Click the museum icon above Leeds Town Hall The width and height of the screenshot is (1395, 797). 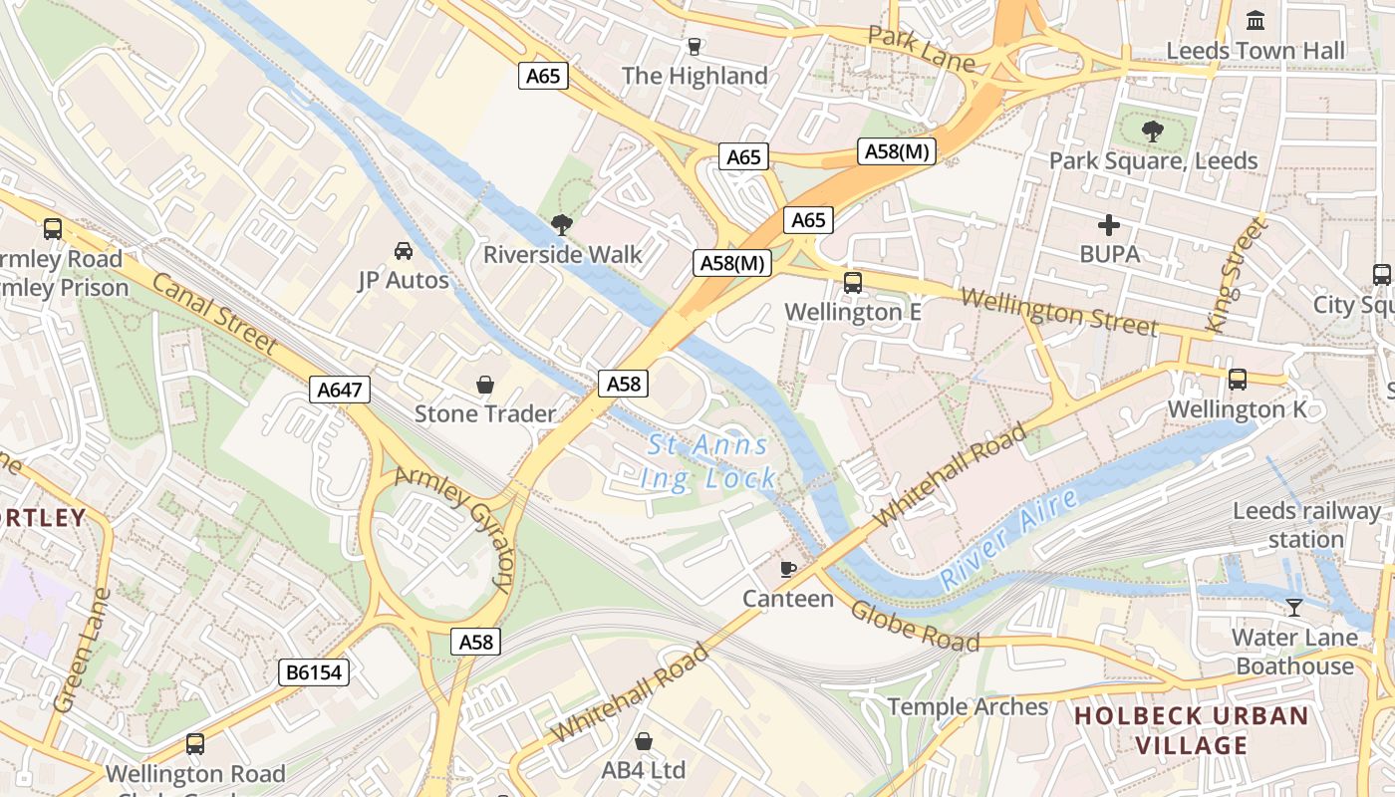coord(1255,19)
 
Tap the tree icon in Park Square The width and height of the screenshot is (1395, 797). coord(1153,131)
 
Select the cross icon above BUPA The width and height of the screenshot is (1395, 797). coord(1108,225)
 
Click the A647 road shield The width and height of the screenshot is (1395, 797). coord(339,390)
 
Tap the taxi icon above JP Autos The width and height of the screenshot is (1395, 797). coord(404,250)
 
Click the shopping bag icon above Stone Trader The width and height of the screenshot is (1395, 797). coord(485,385)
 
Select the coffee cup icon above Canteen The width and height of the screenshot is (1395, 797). coord(788,569)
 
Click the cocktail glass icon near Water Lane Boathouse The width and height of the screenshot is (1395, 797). coord(1294,607)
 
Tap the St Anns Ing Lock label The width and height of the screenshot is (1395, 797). coord(708,461)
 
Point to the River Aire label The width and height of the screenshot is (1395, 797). coord(1009,539)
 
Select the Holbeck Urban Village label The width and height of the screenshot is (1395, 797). coord(1192,730)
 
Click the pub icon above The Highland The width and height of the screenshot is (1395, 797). coord(695,46)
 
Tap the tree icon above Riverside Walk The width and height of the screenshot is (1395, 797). coord(562,224)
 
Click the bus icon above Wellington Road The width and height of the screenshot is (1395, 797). coord(195,743)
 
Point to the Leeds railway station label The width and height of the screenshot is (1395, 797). coord(1306,525)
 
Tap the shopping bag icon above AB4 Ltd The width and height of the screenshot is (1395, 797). coord(644,741)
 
